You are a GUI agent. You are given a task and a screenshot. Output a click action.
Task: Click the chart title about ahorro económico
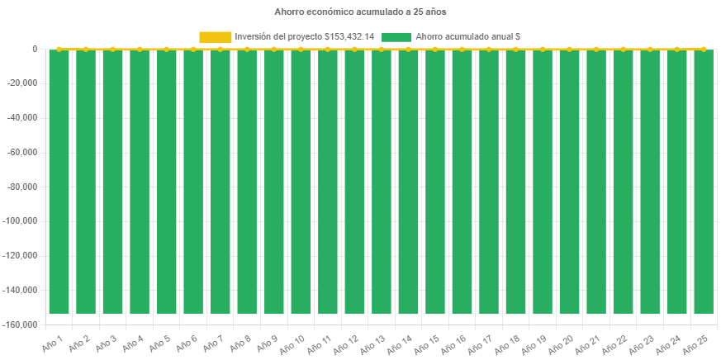tap(360, 12)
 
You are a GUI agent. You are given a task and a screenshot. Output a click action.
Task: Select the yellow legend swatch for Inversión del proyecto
tap(215, 36)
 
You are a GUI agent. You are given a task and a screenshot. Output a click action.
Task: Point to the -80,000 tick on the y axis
tap(22, 187)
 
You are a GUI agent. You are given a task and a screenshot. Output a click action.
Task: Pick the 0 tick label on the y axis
tap(35, 49)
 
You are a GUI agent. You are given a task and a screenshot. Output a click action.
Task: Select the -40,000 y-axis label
tap(22, 117)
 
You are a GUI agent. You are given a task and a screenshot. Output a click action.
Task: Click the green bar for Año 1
tap(59, 182)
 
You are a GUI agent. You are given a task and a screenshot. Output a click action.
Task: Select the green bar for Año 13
tap(381, 182)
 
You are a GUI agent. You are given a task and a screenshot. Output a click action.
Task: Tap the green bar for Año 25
tap(704, 182)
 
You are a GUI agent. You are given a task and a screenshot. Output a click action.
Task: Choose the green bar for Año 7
tap(220, 182)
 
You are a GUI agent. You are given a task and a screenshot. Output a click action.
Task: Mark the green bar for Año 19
tap(543, 182)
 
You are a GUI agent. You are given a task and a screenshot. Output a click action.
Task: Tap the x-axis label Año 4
tap(132, 343)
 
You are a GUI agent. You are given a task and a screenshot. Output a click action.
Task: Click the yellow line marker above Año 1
tap(59, 50)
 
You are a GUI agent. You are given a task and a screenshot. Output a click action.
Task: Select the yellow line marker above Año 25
tap(704, 50)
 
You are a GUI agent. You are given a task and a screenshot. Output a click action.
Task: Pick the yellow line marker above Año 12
tap(354, 50)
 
